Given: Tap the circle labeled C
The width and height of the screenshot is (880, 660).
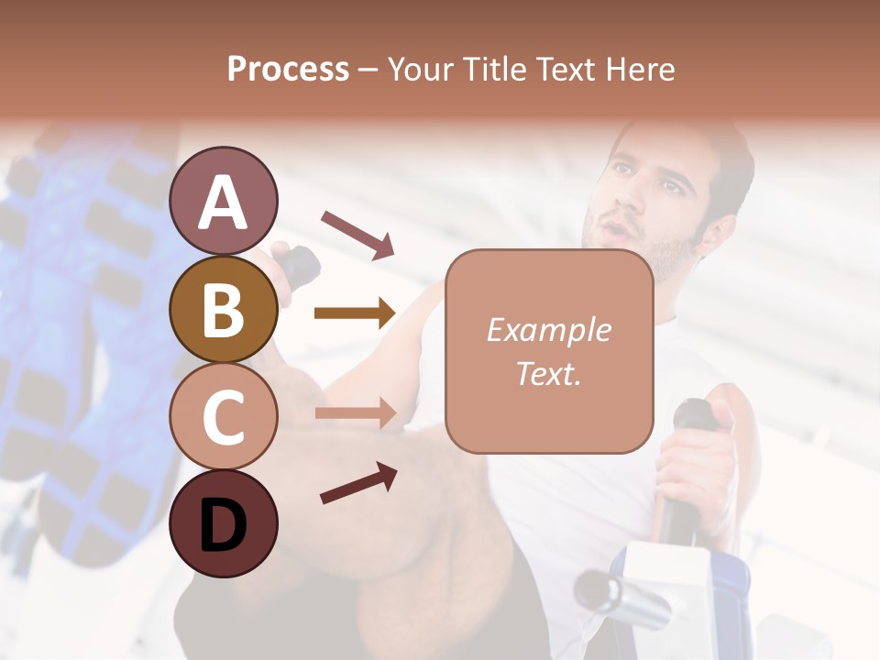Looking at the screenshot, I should tap(223, 417).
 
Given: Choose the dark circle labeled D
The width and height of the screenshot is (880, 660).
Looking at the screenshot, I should tap(223, 524).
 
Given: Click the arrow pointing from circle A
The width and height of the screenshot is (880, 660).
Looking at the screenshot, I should tap(357, 234).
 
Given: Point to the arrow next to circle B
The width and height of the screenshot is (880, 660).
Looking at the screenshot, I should tap(355, 313).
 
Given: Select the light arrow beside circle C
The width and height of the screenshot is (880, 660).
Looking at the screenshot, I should tap(355, 413).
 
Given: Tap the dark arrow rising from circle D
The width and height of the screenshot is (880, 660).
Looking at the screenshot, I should tap(358, 483).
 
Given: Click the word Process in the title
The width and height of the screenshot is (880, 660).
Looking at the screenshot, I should tap(288, 69).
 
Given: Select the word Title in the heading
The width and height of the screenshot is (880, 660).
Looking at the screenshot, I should tap(500, 69).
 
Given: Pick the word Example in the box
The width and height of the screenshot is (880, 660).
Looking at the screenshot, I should tap(548, 330).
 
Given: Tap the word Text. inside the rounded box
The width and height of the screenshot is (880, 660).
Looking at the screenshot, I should tap(548, 373).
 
